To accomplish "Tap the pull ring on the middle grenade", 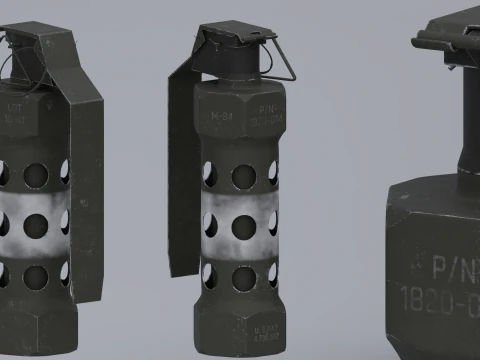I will (281, 61).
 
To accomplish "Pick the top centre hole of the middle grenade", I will (243, 176).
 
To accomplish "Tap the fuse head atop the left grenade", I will (25, 50).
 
